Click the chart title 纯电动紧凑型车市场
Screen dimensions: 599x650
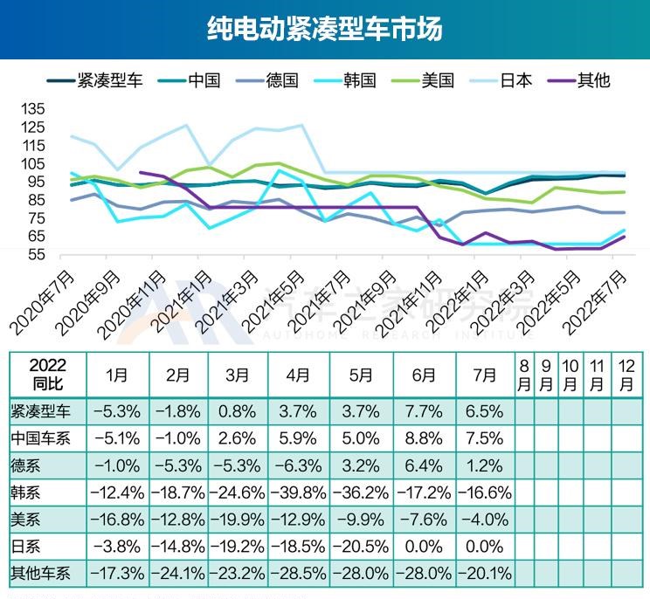coord(325,29)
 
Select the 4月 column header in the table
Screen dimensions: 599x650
coord(298,375)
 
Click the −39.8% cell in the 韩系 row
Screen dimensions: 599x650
coord(298,493)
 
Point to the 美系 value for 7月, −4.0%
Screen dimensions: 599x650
coord(485,520)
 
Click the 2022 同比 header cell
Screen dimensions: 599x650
coord(47,375)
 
